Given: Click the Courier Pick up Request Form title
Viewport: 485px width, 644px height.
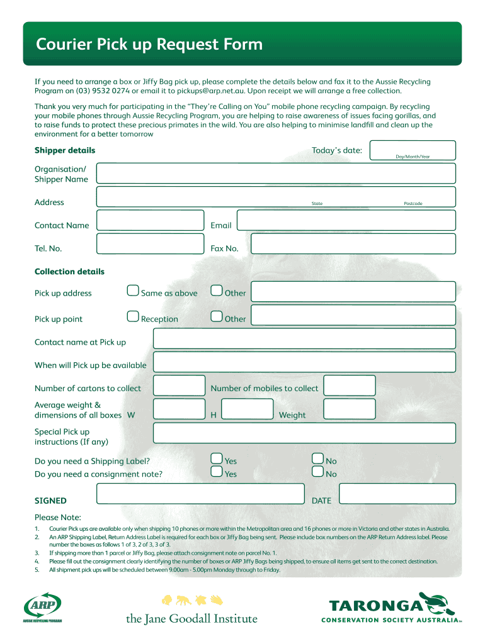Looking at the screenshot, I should tap(149, 45).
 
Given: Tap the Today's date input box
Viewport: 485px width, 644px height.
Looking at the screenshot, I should tap(413, 151).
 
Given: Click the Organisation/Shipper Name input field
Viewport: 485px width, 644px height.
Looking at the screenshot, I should tap(276, 174).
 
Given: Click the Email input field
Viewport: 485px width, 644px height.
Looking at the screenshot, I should tap(346, 221).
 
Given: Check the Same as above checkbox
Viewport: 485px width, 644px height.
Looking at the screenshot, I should tap(132, 291).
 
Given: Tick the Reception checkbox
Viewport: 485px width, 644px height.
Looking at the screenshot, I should tap(132, 316).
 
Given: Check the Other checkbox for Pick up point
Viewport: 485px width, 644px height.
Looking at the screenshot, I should tap(216, 316).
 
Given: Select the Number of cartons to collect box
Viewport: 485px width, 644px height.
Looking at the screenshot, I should tap(179, 386).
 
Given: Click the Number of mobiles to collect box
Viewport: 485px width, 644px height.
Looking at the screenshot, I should tap(349, 386).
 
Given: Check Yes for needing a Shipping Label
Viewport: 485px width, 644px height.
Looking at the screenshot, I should tap(216, 458).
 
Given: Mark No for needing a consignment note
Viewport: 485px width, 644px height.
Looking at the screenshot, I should tap(318, 472).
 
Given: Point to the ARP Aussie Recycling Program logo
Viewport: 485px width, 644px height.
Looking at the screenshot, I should tap(43, 606).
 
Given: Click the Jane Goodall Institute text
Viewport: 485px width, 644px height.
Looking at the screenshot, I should tap(191, 619).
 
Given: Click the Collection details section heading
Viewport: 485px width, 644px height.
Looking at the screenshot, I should tap(69, 272).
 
